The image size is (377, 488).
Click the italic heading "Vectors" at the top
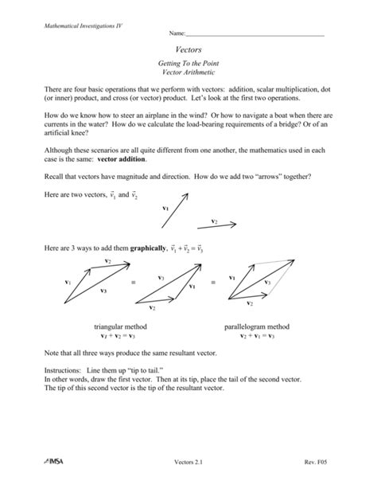pyautogui.click(x=188, y=49)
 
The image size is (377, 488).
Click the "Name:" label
pyautogui.click(x=176, y=35)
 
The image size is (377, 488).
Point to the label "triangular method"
pyautogui.click(x=119, y=327)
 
